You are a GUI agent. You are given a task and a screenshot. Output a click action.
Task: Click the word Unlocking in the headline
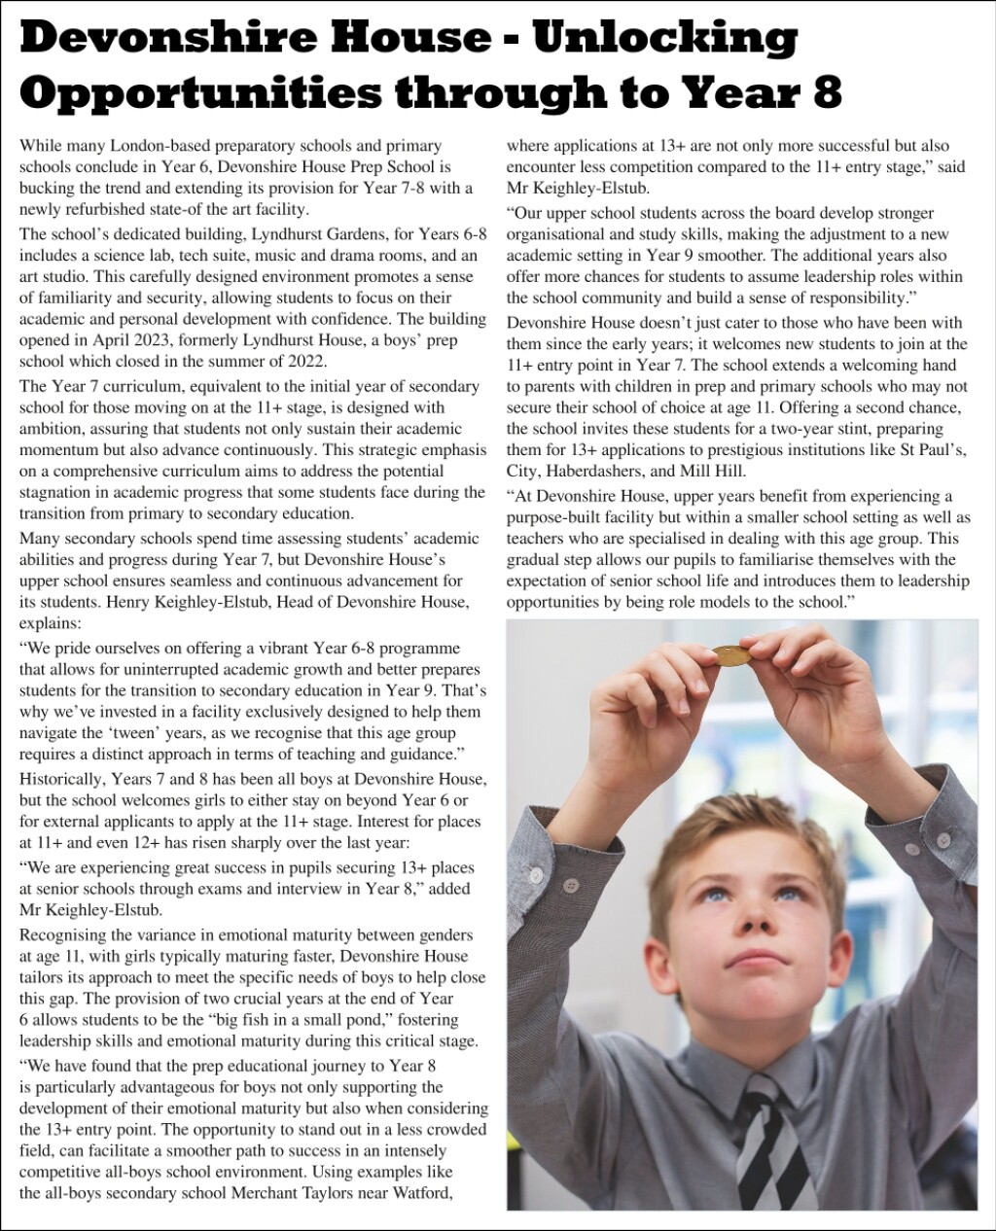click(666, 37)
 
